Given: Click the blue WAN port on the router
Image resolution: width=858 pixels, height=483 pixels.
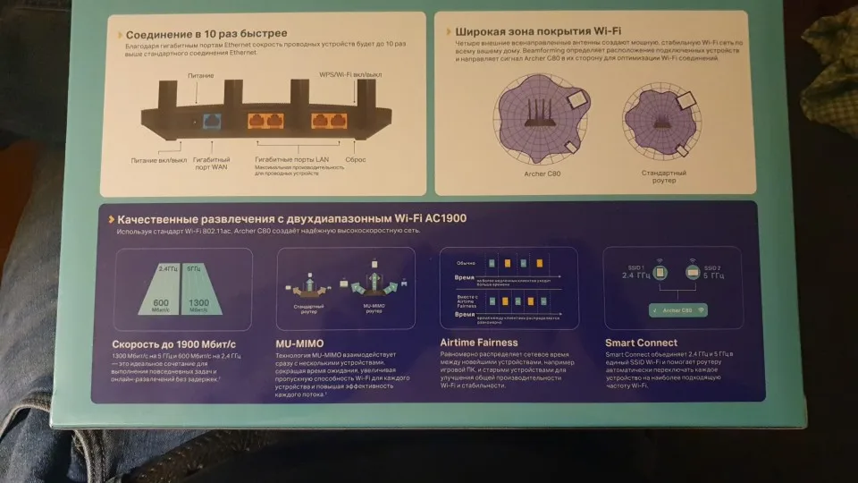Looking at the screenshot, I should tap(214, 119).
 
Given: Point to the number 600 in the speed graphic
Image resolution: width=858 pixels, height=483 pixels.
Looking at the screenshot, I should tap(162, 302).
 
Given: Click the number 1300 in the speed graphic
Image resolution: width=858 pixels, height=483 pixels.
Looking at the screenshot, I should tap(198, 302).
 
